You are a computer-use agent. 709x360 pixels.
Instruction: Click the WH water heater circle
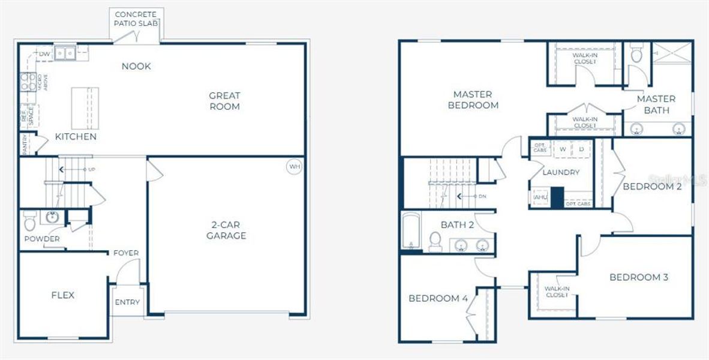(294, 167)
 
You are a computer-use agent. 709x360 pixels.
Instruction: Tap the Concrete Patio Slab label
(136, 19)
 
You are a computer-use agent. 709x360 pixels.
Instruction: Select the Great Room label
(224, 101)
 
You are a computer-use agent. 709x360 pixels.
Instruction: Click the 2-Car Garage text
(226, 230)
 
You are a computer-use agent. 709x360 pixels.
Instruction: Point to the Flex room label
(62, 295)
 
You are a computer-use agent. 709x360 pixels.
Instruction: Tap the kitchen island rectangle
(85, 107)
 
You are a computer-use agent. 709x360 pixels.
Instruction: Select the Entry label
(127, 302)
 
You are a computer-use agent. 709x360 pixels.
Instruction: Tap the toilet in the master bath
(636, 55)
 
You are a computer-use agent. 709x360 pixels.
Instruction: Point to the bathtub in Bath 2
(411, 231)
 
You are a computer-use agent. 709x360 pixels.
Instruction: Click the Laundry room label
(561, 173)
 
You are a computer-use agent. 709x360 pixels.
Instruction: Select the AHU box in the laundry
(540, 197)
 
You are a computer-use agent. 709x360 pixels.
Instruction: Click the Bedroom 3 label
(639, 277)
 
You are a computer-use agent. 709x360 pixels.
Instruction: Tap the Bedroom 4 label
(438, 298)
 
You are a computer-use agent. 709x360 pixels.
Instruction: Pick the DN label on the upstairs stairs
(482, 196)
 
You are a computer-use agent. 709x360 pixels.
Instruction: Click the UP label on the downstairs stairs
(91, 169)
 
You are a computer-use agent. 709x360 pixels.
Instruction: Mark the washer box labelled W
(563, 148)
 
